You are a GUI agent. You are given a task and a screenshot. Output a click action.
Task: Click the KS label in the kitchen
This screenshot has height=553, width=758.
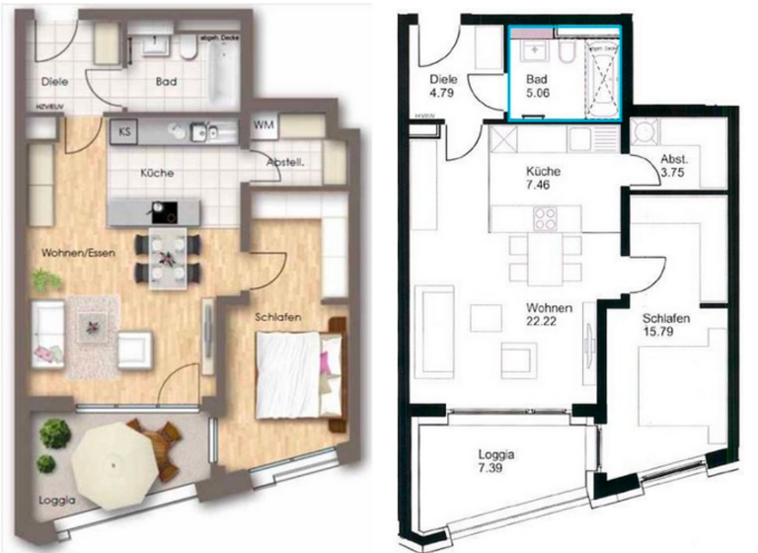click(125, 129)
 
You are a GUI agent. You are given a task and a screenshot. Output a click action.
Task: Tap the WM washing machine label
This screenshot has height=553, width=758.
click(264, 124)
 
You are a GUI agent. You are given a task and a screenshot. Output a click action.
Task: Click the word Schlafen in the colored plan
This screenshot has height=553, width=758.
click(277, 317)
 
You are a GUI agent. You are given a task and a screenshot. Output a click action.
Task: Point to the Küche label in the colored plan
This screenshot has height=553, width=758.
click(157, 173)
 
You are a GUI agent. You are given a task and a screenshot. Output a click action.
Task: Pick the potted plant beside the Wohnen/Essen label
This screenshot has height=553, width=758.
click(45, 280)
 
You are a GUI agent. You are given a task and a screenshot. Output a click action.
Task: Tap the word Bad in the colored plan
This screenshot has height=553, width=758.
click(166, 83)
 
